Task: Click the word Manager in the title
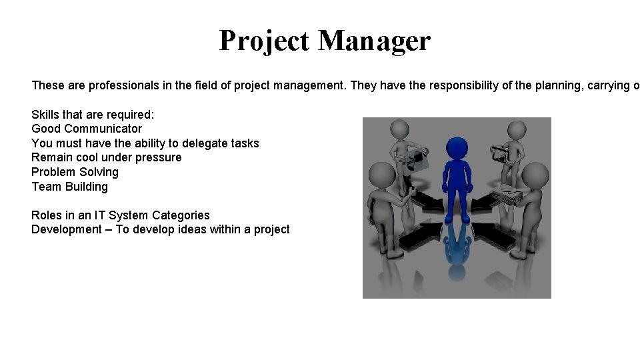(374, 41)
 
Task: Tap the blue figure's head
(457, 149)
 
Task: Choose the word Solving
(99, 172)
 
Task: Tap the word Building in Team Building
(86, 187)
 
